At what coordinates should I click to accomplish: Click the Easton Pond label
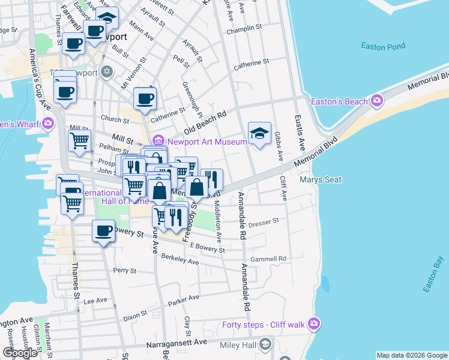(x=383, y=46)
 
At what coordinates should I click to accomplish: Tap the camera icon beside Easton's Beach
(x=378, y=101)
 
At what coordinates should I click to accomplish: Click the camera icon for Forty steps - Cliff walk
(x=313, y=325)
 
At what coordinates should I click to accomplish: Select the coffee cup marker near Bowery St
(x=104, y=231)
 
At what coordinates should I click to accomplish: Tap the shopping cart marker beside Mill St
(x=80, y=141)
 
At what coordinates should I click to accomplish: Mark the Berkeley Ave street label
(x=180, y=259)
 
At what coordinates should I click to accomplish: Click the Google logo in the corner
(x=20, y=353)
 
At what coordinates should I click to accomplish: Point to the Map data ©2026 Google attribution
(x=412, y=355)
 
